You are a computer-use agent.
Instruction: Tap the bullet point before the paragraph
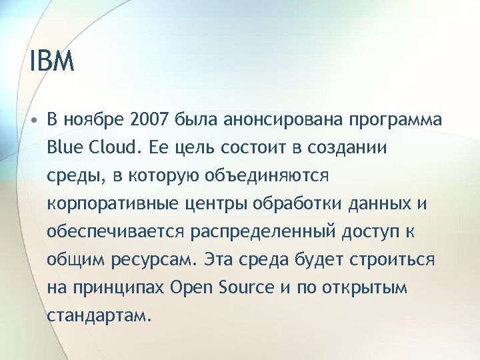click(x=33, y=121)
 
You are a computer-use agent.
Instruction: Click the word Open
click(x=189, y=287)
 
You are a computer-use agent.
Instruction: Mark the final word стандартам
click(x=95, y=315)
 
